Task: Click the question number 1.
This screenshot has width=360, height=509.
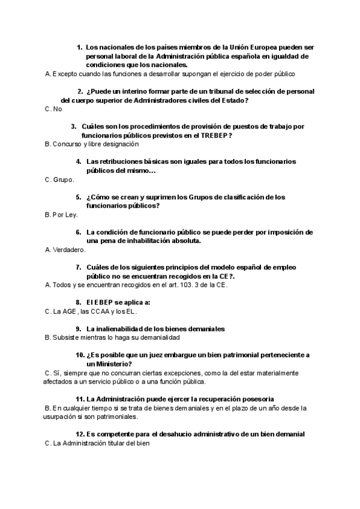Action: tap(79, 47)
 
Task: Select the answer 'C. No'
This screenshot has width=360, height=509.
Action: tap(53, 109)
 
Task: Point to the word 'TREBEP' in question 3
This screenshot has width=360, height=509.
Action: tap(211, 136)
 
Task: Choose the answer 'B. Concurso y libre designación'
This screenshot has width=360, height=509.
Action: tap(92, 144)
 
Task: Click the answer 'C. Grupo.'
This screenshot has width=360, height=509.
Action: tap(59, 179)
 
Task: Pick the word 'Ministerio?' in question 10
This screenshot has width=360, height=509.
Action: tap(109, 364)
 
